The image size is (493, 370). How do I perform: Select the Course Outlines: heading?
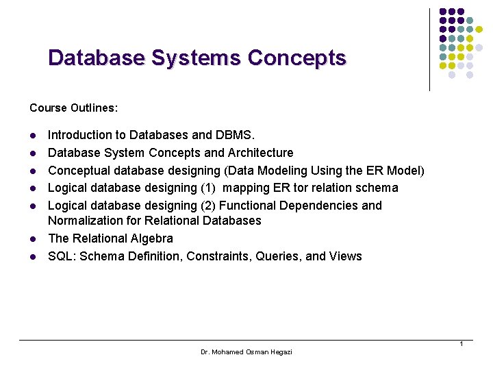click(74, 108)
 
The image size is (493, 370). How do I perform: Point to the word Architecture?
click(260, 153)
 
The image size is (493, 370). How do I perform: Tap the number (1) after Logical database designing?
click(207, 188)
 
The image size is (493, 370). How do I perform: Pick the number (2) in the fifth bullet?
click(207, 206)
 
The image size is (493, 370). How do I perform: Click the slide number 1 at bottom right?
click(462, 343)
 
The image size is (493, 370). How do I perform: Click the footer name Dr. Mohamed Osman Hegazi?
click(246, 351)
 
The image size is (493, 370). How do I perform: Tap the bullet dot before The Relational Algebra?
click(32, 239)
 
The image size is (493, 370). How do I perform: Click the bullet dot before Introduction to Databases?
click(32, 136)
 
